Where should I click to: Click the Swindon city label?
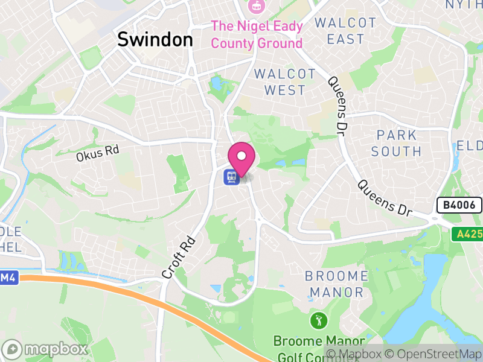[155, 39]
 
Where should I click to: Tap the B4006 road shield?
[459, 205]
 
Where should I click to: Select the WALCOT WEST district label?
[285, 82]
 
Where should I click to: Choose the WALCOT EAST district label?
[345, 31]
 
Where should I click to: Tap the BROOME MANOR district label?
[336, 284]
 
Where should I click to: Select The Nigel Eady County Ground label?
[257, 34]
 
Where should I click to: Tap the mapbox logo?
[45, 349]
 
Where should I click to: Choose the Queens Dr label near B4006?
[383, 198]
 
